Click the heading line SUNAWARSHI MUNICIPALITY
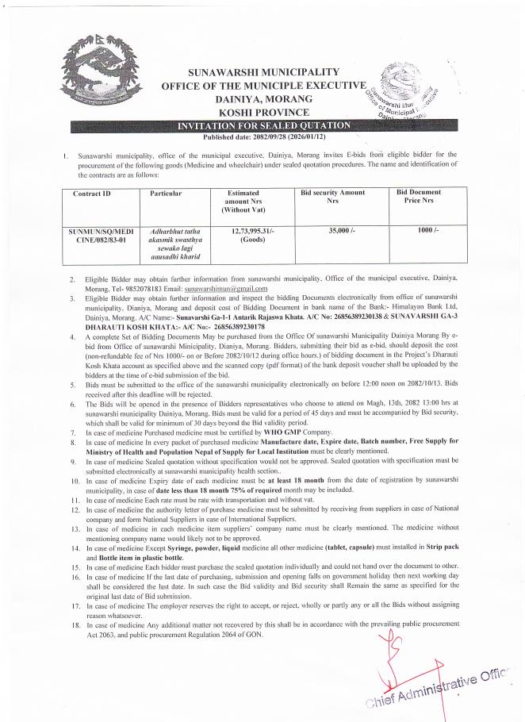[x=263, y=71]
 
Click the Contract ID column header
[x=92, y=193]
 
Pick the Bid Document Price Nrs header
[x=419, y=197]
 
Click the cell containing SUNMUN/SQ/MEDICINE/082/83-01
[x=99, y=234]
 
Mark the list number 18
[x=71, y=624]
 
